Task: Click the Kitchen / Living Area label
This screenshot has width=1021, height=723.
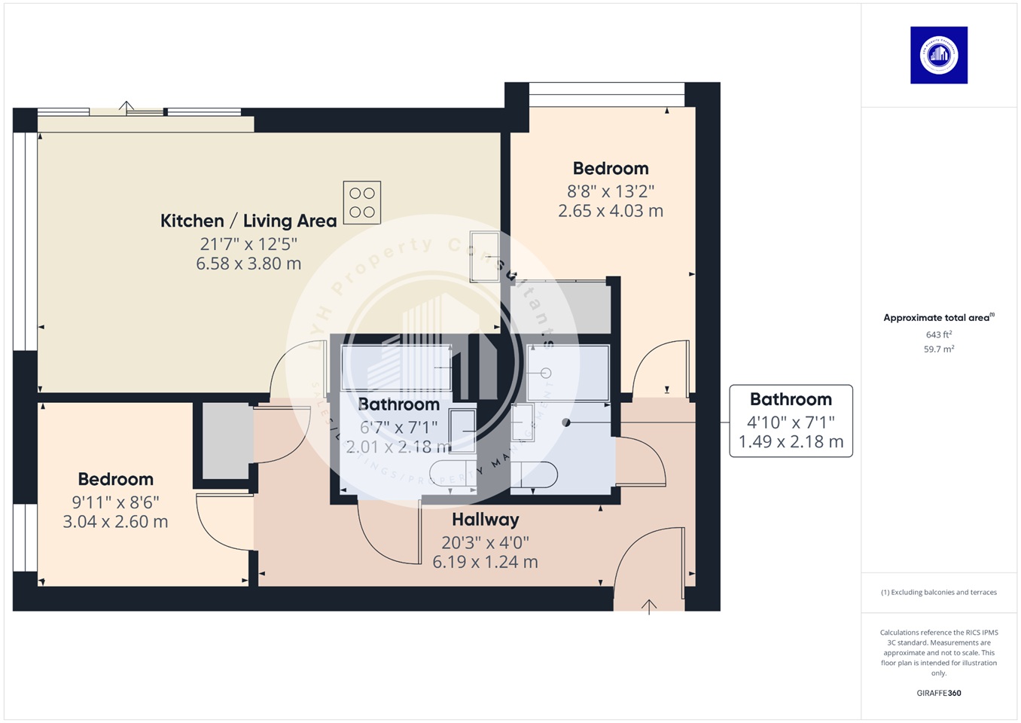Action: [248, 221]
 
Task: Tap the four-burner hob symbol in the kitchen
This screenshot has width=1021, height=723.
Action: [361, 203]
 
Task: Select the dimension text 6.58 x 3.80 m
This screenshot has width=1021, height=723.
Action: [248, 264]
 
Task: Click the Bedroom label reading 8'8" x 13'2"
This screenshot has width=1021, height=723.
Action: [610, 169]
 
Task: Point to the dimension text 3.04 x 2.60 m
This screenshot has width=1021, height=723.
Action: [115, 522]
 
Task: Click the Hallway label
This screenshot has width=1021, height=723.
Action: [485, 520]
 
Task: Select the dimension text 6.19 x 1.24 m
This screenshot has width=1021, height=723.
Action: [485, 562]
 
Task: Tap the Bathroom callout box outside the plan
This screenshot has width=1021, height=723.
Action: [791, 420]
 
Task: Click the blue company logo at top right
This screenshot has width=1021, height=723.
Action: [938, 55]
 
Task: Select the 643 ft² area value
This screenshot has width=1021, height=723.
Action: [938, 334]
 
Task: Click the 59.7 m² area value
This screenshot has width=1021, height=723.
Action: [938, 349]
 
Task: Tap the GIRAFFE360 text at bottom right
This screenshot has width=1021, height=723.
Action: [938, 693]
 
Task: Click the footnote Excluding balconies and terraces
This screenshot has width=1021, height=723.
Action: [938, 593]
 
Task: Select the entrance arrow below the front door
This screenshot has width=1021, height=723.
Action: [649, 606]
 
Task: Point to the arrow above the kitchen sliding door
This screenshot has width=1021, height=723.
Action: [126, 107]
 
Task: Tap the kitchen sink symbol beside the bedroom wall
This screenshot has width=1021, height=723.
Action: [484, 257]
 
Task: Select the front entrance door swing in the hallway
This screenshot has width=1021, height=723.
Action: [648, 557]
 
